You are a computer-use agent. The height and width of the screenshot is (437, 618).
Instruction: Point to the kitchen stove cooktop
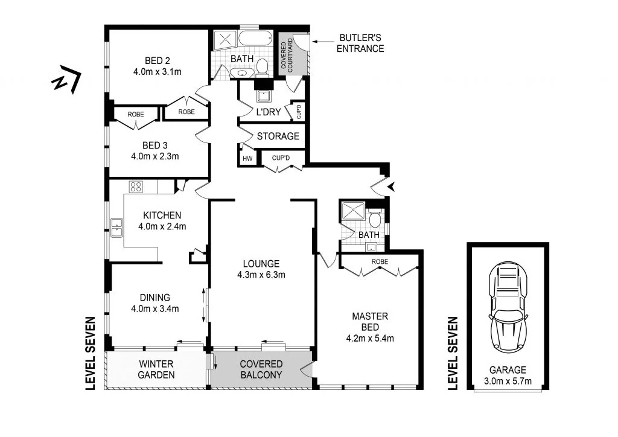[136, 187]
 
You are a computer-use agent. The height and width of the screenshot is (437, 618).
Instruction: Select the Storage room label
[278, 136]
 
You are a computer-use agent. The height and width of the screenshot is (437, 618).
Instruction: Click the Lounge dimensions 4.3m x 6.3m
[261, 275]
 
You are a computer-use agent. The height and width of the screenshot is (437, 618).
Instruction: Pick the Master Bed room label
[369, 321]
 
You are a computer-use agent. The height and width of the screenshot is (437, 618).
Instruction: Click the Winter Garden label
[156, 369]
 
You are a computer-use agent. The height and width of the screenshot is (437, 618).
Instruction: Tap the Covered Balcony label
[261, 369]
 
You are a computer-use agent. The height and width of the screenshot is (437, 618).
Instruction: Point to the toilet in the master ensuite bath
[375, 218]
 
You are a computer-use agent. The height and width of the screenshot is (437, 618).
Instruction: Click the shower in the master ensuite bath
[351, 212]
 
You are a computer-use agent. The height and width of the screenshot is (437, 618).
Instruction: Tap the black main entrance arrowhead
[394, 187]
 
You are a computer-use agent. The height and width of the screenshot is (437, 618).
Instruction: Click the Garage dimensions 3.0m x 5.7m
[508, 380]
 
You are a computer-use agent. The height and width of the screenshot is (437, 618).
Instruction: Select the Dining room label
[154, 297]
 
